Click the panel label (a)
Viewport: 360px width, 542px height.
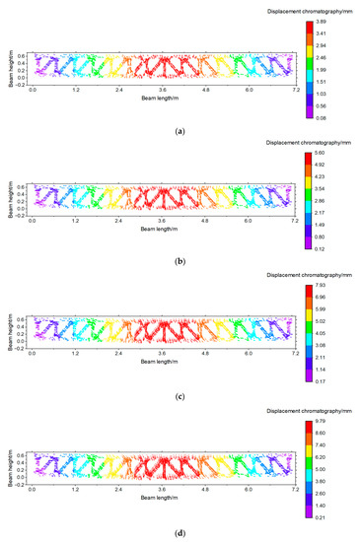point(180,130)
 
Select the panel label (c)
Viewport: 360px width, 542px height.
point(180,397)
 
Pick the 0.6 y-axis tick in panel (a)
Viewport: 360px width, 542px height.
point(21,55)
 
